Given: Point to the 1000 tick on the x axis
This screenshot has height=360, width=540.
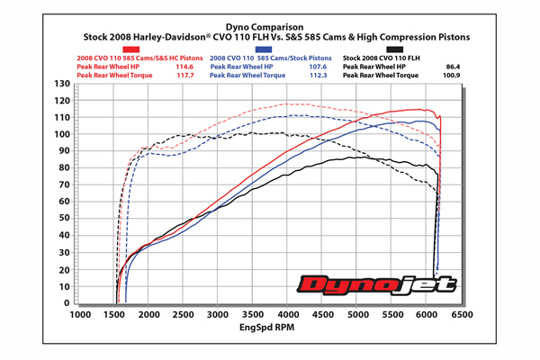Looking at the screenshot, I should point(80,316).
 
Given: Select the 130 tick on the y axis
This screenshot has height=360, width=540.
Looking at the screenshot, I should point(61,84).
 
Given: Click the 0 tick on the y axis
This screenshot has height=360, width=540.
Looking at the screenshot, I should point(66,303).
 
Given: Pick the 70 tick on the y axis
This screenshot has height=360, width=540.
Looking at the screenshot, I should point(63,185).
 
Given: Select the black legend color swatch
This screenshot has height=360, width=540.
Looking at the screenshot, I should point(394,49).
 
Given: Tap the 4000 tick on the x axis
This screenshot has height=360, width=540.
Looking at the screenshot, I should point(288,316).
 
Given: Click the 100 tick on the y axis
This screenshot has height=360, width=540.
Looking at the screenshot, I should point(61,134).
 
